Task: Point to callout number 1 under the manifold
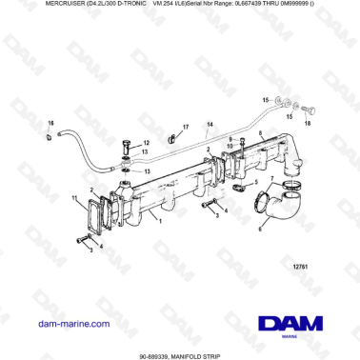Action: pyautogui.click(x=161, y=221)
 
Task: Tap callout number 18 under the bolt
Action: pyautogui.click(x=307, y=123)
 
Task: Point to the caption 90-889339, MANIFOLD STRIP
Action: pyautogui.click(x=179, y=353)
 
